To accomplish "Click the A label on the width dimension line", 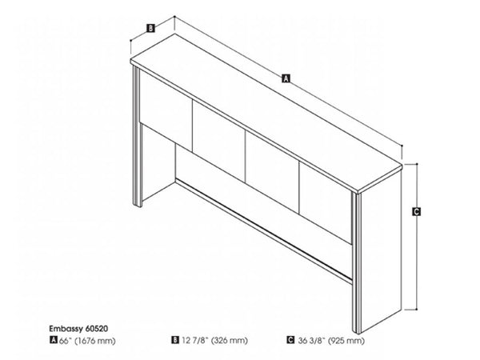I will (x=285, y=78).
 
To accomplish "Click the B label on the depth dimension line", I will (x=150, y=29).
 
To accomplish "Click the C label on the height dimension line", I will (x=417, y=211).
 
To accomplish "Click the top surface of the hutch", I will (x=264, y=112).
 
